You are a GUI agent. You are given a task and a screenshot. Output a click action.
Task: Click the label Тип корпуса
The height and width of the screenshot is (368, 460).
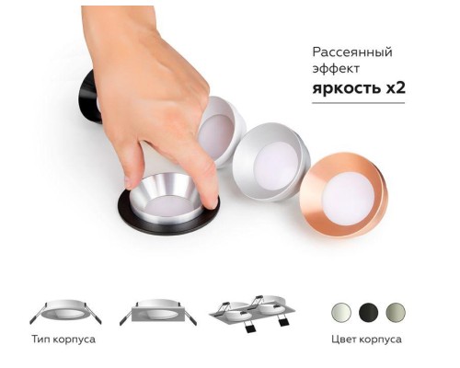[x=66, y=339]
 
